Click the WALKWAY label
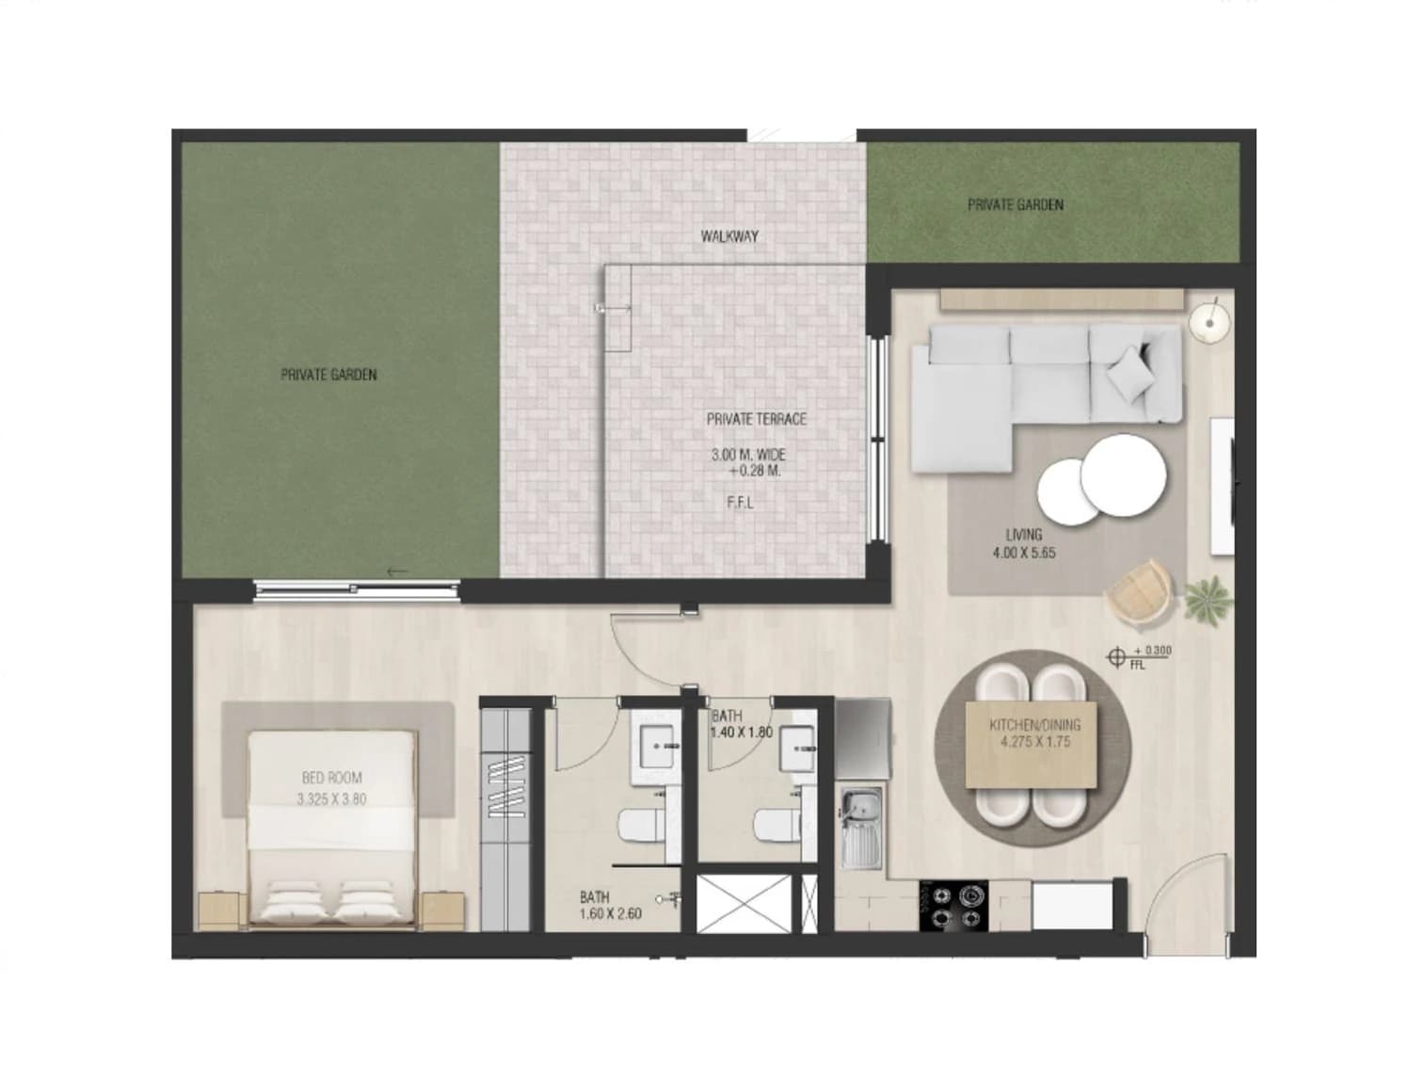click(729, 236)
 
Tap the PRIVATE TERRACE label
click(756, 419)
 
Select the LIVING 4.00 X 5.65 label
click(1024, 543)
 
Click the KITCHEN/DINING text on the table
click(1034, 725)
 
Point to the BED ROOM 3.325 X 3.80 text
click(331, 788)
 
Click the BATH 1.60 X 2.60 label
click(611, 906)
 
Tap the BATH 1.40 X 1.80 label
click(742, 725)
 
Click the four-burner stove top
click(953, 906)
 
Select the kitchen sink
click(862, 827)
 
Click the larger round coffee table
click(1123, 475)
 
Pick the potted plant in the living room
click(1208, 601)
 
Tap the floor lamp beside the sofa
click(1209, 321)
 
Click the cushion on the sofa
click(1130, 372)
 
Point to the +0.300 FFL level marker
click(1139, 658)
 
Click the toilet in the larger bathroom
click(641, 827)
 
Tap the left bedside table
click(218, 911)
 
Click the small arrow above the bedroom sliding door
click(396, 572)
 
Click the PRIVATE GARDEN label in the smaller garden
click(1016, 205)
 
